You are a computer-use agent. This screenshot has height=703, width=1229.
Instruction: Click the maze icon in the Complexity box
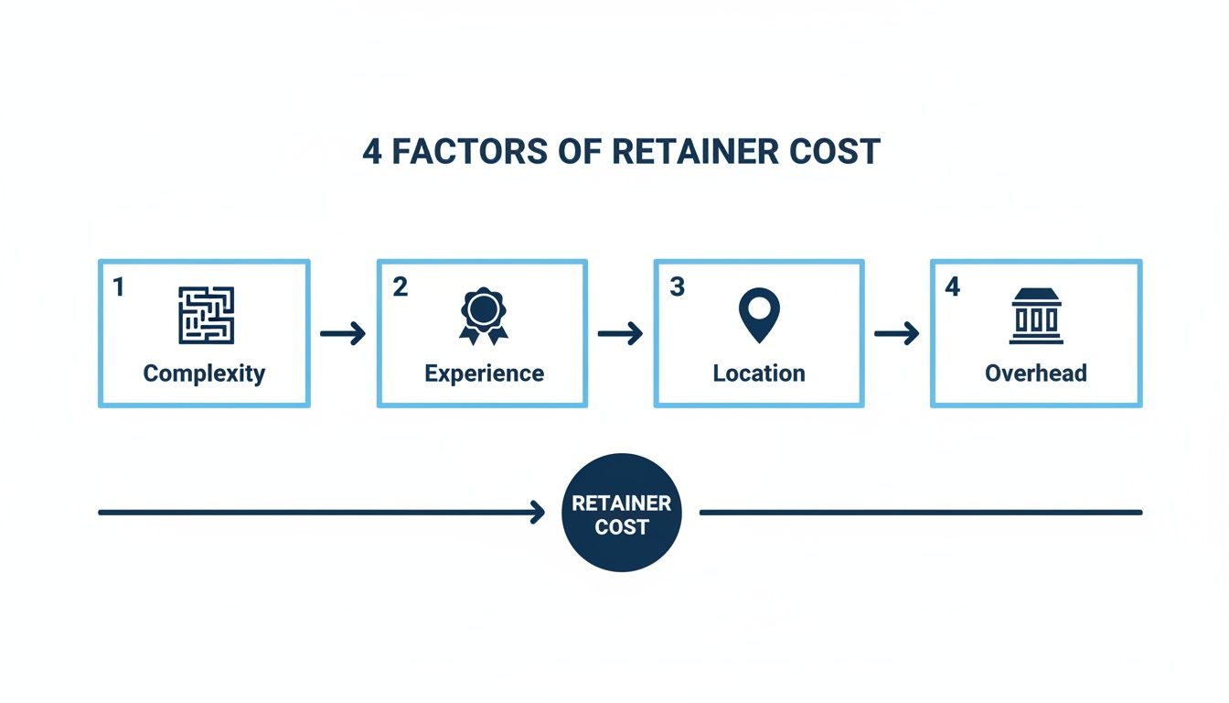[x=206, y=315]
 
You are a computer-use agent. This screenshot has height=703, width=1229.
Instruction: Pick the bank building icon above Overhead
[x=1036, y=316]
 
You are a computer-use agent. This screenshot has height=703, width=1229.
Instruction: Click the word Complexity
[x=204, y=373]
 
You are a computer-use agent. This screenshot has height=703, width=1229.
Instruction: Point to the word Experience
[x=484, y=373]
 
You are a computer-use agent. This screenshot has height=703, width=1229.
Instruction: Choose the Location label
[x=759, y=373]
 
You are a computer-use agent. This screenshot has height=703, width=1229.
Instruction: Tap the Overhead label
[x=1036, y=373]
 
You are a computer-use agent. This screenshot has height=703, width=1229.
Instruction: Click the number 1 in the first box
[x=118, y=287]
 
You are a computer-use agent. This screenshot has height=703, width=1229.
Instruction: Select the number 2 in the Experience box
[x=400, y=287]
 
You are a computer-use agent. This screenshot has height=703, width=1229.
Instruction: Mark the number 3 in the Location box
[x=677, y=287]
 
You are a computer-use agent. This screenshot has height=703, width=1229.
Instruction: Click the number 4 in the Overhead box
[x=953, y=287]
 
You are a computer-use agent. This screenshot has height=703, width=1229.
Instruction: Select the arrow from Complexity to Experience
[x=343, y=334]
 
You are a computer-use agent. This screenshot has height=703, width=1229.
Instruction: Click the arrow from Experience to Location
[x=620, y=334]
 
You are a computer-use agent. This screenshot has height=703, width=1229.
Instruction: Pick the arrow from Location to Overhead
[x=897, y=334]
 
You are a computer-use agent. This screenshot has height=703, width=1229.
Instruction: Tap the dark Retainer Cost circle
[x=622, y=514]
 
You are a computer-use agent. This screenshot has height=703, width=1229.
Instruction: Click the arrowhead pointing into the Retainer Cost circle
[x=538, y=513]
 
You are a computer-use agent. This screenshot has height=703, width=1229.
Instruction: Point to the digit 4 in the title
[x=372, y=151]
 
